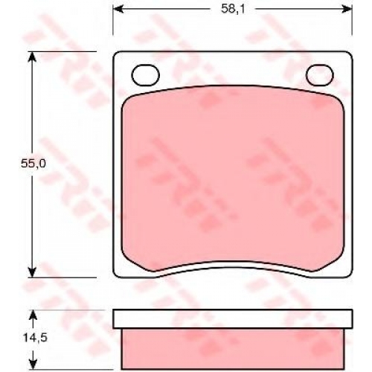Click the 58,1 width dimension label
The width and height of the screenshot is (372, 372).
(x=233, y=10)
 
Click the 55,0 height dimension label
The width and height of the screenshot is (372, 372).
(x=33, y=164)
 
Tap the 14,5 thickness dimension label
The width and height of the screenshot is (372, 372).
(x=35, y=338)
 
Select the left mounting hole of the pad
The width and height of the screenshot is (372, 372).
(x=145, y=75)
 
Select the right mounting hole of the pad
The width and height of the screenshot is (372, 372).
(x=320, y=75)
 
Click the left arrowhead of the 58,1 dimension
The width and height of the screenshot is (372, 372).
(x=118, y=9)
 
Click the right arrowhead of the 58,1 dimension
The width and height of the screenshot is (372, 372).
(x=347, y=9)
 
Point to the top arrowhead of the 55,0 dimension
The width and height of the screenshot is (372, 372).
(x=33, y=57)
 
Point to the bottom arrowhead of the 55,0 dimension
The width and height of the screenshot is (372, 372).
(x=33, y=272)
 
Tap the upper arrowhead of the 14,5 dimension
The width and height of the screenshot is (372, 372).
(x=33, y=315)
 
